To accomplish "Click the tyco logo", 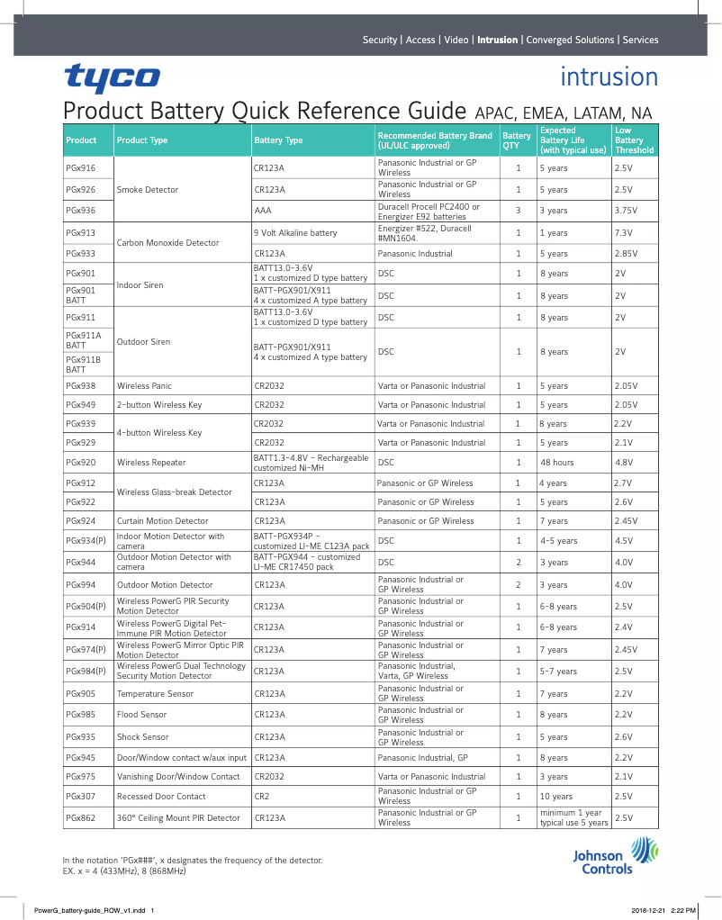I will click(111, 78).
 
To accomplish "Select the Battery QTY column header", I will click(516, 140).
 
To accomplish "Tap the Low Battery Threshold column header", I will click(633, 140).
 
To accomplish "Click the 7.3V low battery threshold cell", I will click(623, 233).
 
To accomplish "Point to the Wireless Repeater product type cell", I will click(151, 463).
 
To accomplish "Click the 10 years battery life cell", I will click(555, 797).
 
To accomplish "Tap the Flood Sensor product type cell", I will click(141, 715).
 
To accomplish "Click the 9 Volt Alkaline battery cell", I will click(295, 233).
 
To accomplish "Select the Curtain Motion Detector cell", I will click(162, 521).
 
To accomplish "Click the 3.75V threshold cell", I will click(626, 211).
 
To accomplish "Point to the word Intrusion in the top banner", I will click(497, 40).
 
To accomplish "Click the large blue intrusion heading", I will click(609, 77).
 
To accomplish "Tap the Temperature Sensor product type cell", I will click(155, 694).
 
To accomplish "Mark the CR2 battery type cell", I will click(262, 797).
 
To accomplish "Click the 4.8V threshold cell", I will click(623, 463).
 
